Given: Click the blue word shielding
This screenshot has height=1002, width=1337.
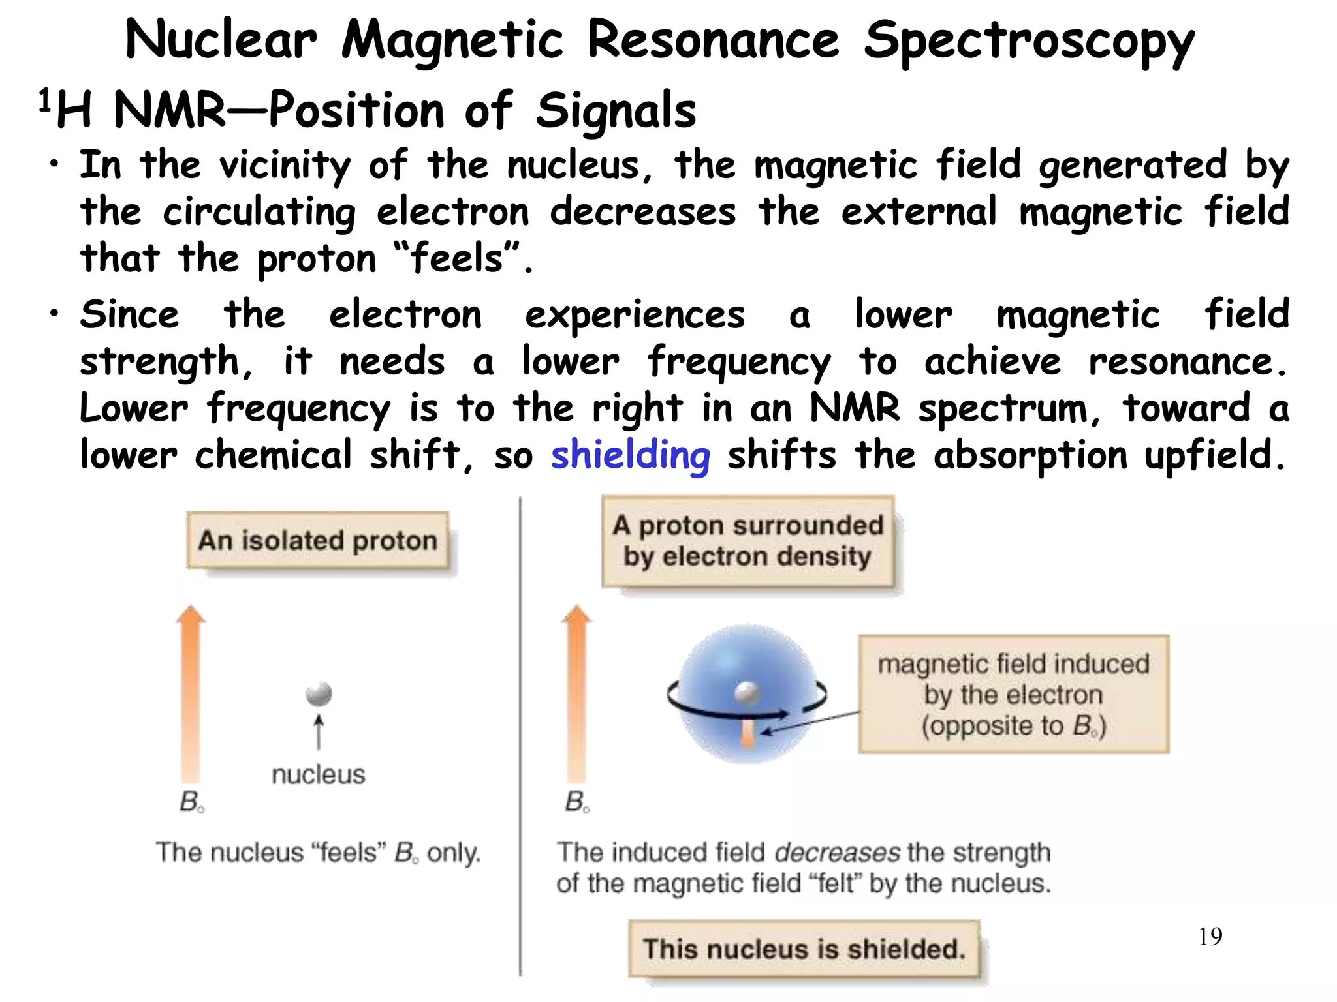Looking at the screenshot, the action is pyautogui.click(x=630, y=455).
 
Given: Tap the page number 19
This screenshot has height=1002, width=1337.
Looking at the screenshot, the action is pyautogui.click(x=1210, y=937).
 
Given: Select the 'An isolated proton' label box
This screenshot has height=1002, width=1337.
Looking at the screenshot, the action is pyautogui.click(x=318, y=540).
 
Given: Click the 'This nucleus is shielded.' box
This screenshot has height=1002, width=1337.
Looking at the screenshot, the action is pyautogui.click(x=804, y=949).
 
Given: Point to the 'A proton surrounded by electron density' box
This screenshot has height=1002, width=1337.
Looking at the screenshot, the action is pyautogui.click(x=747, y=541).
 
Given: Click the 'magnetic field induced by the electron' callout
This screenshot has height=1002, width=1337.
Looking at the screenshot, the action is pyautogui.click(x=1013, y=694).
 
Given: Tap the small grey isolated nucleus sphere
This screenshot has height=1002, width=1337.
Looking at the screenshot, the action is pyautogui.click(x=319, y=693).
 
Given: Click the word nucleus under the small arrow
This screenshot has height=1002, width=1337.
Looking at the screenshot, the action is pyautogui.click(x=318, y=774).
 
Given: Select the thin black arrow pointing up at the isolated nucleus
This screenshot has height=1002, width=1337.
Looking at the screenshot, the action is pyautogui.click(x=319, y=732).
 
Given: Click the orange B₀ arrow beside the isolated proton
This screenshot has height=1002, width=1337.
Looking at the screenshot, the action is pyautogui.click(x=191, y=691).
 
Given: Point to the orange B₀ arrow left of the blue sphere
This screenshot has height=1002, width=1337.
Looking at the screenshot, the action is pyautogui.click(x=576, y=691).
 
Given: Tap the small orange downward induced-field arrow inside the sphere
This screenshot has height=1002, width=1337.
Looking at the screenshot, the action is pyautogui.click(x=748, y=733).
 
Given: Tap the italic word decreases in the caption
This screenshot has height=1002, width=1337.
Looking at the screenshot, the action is pyautogui.click(x=837, y=853).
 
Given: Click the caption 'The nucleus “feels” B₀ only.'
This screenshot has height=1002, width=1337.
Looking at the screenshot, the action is pyautogui.click(x=318, y=853).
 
